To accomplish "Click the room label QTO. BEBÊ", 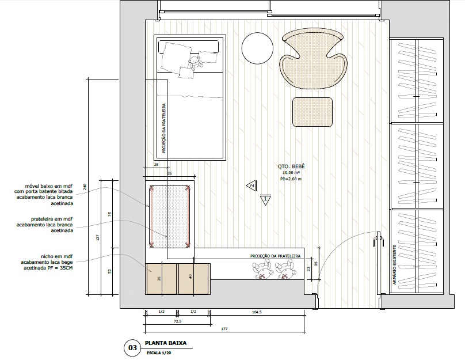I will (291, 166).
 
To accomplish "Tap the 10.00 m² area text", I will (291, 173).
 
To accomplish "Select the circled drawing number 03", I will (132, 347).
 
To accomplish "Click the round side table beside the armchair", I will (257, 48).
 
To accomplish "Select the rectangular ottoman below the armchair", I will (314, 112).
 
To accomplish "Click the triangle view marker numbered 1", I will (265, 200).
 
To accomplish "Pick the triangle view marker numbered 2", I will (251, 185).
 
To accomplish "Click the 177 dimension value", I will (224, 329).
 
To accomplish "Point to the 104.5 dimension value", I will (256, 312).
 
